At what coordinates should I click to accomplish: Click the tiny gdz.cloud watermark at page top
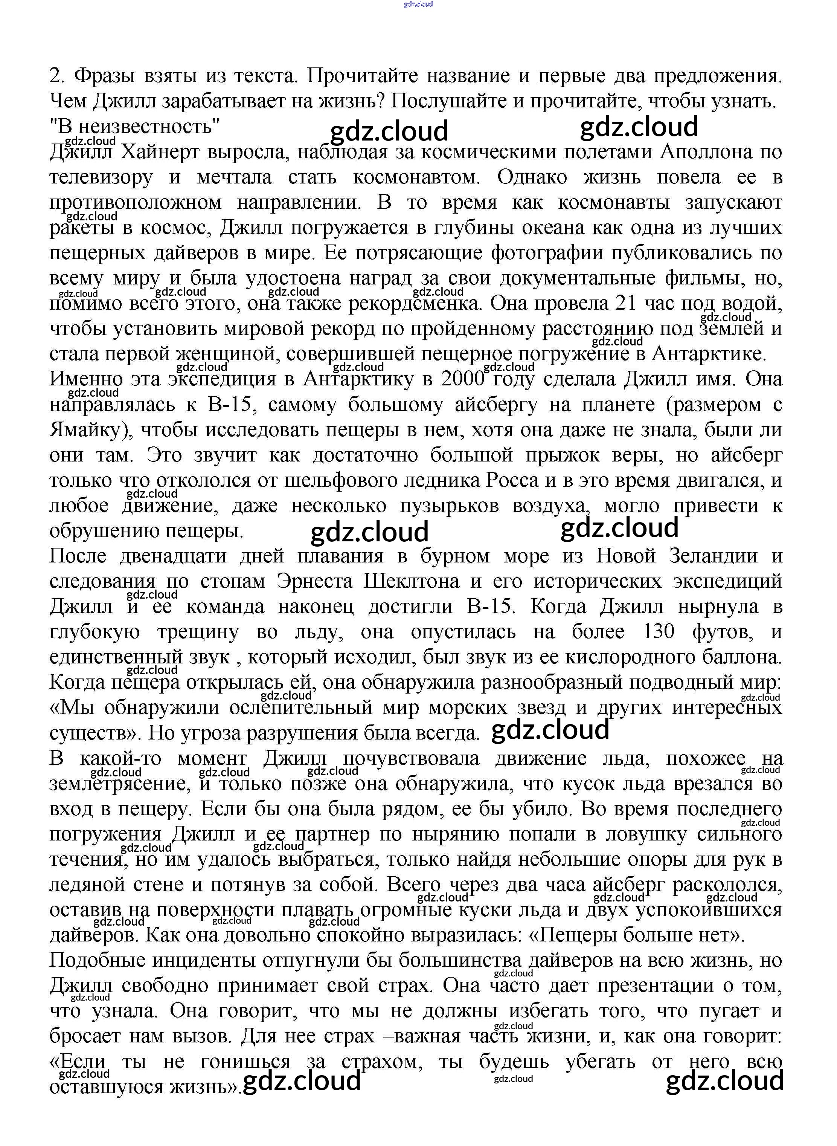click(x=419, y=5)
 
